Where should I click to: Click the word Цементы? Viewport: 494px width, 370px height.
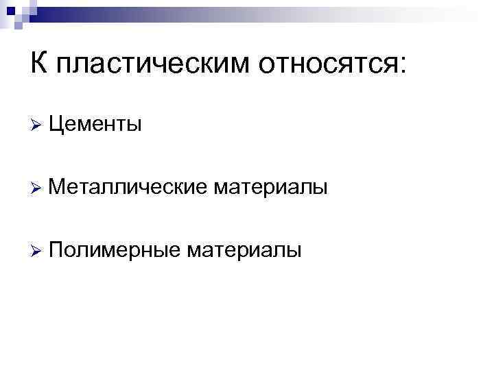(x=96, y=124)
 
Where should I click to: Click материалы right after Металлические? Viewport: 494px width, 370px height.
(x=269, y=187)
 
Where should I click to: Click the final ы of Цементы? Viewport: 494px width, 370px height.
(x=135, y=125)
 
